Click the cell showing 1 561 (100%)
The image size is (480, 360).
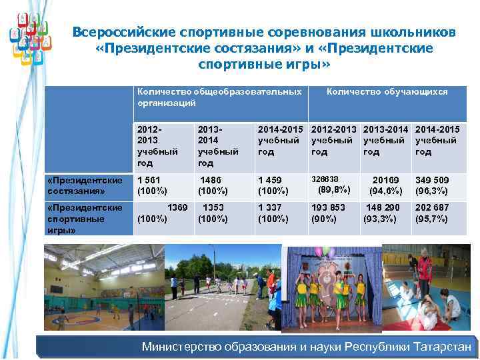(x=150, y=186)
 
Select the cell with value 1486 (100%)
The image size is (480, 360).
(x=213, y=186)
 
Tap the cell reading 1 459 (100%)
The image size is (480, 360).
(x=273, y=186)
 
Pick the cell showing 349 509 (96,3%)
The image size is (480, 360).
(x=432, y=186)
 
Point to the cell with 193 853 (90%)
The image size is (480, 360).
(x=329, y=213)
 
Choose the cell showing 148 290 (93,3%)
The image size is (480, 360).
(x=383, y=213)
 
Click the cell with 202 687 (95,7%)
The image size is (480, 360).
(x=432, y=213)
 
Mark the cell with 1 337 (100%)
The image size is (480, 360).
(x=273, y=213)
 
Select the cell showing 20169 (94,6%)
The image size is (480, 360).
(x=383, y=186)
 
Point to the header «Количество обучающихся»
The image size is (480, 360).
(x=387, y=92)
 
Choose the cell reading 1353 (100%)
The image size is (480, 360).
(x=213, y=213)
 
